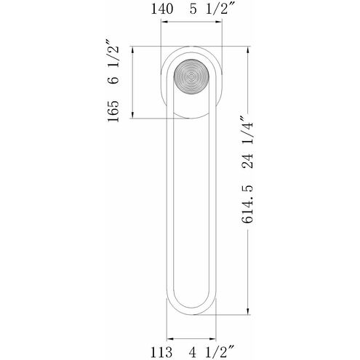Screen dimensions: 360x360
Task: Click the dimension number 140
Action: tap(162, 9)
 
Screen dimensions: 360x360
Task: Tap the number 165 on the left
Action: tap(113, 111)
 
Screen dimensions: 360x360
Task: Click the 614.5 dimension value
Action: tap(247, 204)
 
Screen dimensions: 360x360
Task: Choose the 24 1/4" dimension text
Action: tap(247, 143)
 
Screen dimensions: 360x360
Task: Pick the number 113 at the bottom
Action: tap(161, 352)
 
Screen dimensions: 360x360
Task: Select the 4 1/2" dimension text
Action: tap(210, 352)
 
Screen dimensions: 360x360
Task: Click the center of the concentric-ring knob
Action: tap(191, 77)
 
